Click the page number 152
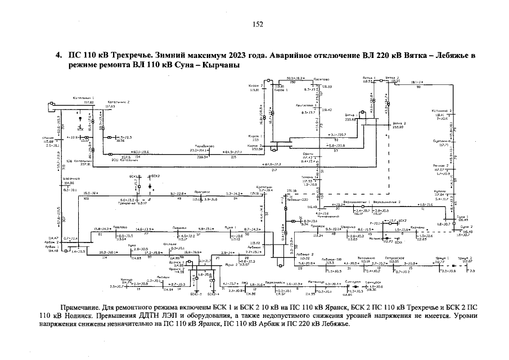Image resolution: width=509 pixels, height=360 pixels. [x=258, y=24]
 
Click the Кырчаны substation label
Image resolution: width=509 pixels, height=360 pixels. [x=417, y=227]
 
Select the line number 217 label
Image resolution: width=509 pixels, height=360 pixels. [x=273, y=169]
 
